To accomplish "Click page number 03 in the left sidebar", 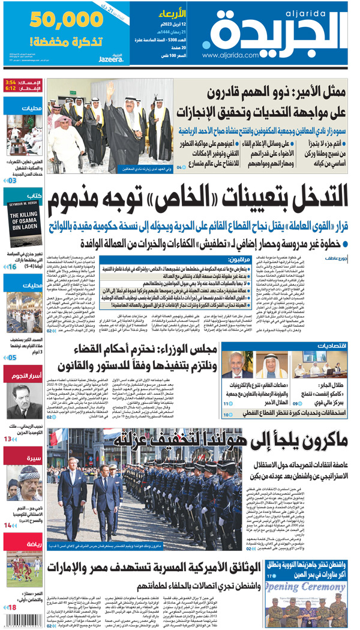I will click(x=13, y=179).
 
